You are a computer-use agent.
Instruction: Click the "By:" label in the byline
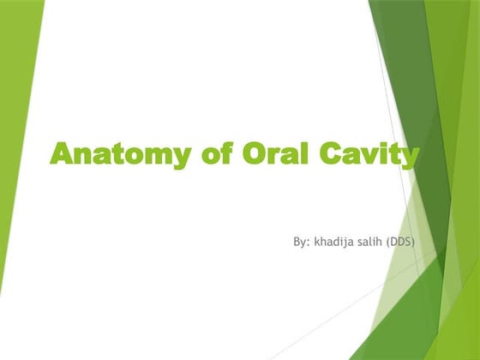tap(301, 243)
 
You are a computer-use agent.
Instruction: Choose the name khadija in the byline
tap(335, 243)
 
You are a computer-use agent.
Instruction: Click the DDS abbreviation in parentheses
tap(403, 243)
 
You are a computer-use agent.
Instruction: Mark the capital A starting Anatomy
tap(62, 154)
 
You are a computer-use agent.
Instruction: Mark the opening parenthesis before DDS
tap(389, 243)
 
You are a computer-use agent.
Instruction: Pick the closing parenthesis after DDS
tap(417, 243)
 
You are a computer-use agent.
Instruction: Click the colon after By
tap(308, 244)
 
